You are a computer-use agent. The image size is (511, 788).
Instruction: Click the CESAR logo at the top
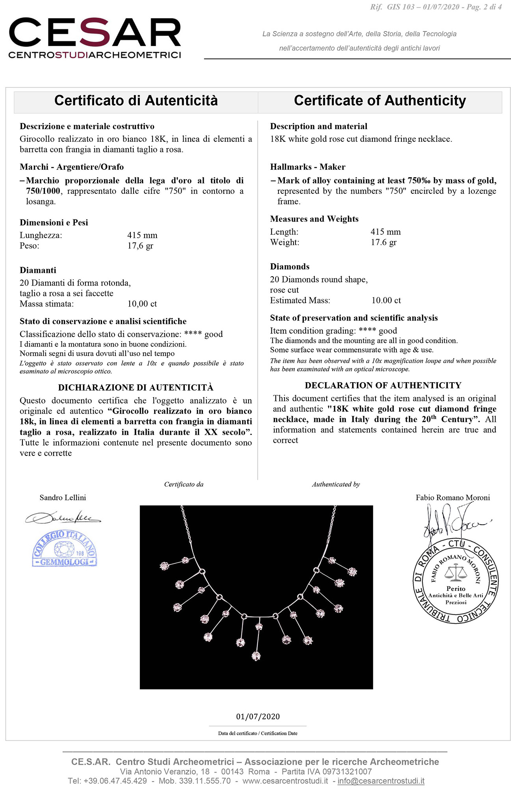click(x=95, y=38)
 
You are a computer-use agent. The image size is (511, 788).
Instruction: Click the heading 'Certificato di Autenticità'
click(x=136, y=101)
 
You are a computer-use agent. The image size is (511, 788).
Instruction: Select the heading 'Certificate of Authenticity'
click(x=380, y=101)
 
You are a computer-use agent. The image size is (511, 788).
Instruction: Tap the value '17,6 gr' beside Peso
click(x=140, y=246)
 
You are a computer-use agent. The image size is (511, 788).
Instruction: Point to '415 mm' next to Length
click(x=385, y=232)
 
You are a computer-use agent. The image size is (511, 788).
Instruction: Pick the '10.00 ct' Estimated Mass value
click(x=386, y=301)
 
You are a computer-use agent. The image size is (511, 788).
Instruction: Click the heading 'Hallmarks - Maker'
click(x=308, y=167)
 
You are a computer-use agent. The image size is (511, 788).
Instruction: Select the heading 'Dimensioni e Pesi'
click(x=54, y=223)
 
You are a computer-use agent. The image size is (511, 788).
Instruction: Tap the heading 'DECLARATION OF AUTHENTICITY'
click(x=383, y=385)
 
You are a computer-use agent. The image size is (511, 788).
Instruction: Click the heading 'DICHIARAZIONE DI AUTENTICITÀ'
click(x=136, y=388)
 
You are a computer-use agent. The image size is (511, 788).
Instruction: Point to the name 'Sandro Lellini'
click(x=63, y=498)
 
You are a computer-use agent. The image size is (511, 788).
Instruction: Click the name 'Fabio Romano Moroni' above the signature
click(x=453, y=498)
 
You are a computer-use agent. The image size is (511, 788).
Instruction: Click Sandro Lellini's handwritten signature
click(x=63, y=517)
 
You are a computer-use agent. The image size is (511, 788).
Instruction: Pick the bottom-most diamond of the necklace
click(x=256, y=656)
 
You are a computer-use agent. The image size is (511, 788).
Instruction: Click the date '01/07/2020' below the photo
click(x=258, y=717)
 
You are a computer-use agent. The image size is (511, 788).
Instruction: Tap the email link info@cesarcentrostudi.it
click(x=381, y=781)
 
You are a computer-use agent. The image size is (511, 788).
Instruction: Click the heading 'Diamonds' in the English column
click(x=290, y=267)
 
